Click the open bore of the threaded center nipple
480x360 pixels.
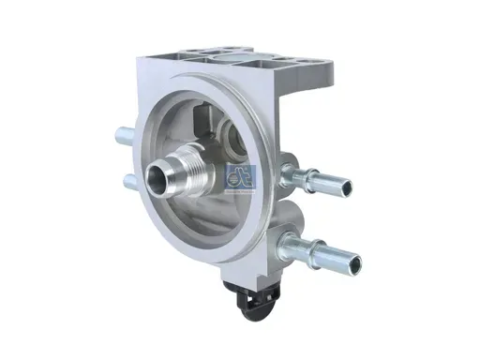157,174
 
